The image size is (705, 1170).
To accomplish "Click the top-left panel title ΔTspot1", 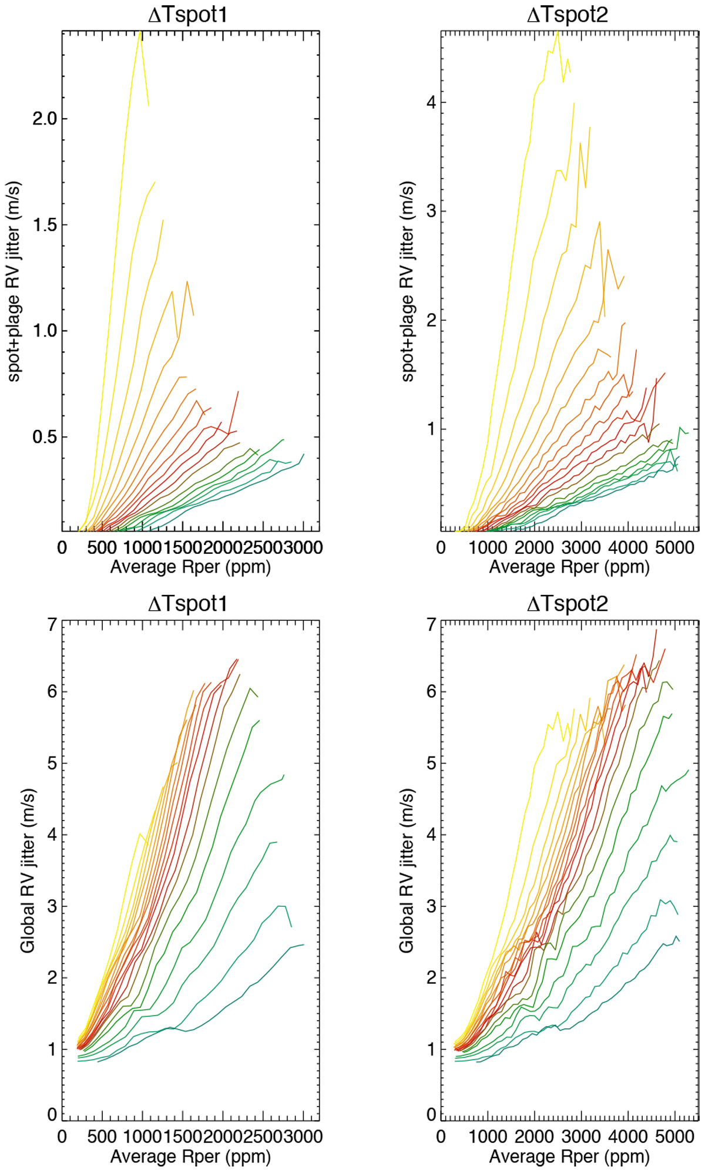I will (187, 15).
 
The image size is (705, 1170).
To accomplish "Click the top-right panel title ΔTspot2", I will (567, 15).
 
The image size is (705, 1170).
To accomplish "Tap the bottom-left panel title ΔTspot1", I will (187, 603).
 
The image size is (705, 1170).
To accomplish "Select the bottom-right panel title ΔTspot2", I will (567, 603).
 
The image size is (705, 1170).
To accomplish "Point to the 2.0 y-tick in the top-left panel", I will (45, 119).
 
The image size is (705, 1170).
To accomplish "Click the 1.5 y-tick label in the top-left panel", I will (45, 225).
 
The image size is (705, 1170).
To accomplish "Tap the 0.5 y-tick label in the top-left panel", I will (45, 437).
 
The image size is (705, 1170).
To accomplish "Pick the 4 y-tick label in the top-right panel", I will (432, 103).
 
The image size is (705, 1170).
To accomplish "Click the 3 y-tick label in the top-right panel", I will (432, 211).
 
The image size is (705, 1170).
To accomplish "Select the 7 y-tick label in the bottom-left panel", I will (53, 624).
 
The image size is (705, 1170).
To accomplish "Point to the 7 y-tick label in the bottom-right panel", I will (432, 624).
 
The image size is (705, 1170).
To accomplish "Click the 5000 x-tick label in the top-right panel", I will (674, 547).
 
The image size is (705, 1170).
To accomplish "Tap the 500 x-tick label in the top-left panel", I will (102, 547).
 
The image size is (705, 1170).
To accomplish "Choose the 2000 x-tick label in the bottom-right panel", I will (535, 1137).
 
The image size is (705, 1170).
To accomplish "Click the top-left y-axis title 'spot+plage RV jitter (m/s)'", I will (14, 281).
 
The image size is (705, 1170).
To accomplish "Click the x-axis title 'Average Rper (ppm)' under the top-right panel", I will (569, 567).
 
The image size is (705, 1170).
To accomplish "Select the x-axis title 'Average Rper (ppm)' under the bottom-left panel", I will (190, 1156).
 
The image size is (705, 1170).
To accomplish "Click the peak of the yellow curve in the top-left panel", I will (140, 32).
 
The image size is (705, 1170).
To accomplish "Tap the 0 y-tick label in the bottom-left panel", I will (53, 1114).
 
